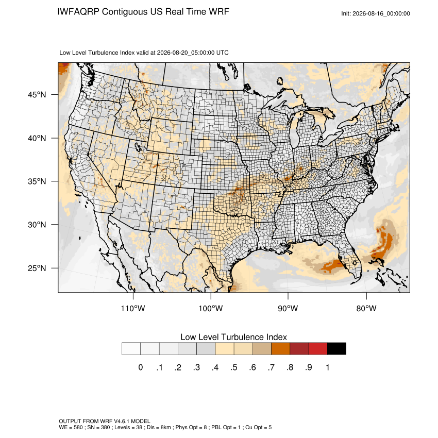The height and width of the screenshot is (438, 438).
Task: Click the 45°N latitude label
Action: point(37,95)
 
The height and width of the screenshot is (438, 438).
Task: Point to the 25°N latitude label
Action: point(37,268)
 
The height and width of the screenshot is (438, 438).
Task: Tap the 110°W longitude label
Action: point(133,308)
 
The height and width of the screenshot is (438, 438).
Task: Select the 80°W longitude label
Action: point(366,308)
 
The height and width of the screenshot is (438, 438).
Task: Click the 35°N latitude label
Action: point(37,181)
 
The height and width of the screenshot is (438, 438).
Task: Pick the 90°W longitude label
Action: point(288,308)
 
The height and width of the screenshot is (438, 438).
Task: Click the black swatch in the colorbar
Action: point(336,349)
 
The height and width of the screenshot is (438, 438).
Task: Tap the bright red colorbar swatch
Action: point(318,349)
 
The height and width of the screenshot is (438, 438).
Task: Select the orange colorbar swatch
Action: point(280,349)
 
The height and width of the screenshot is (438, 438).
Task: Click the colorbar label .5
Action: point(234,367)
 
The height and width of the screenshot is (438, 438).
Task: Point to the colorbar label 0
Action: point(141,367)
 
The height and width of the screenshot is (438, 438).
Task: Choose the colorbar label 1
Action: point(327,367)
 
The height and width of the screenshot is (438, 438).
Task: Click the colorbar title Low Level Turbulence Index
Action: point(233,337)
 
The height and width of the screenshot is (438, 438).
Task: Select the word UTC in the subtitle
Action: point(223,53)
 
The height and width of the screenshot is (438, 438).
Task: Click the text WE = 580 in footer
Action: point(71,427)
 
